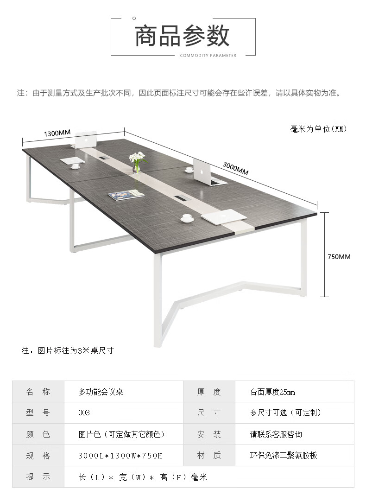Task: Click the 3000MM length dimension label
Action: tap(235, 168)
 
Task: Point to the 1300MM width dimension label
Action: tap(57, 133)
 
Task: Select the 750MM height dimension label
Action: tap(339, 256)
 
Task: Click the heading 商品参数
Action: tap(183, 36)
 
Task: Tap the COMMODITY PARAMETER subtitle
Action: tap(208, 56)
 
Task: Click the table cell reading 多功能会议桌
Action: tap(101, 392)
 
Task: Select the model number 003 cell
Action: tap(84, 413)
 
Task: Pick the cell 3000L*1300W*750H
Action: tap(120, 456)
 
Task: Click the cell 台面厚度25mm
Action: tap(272, 392)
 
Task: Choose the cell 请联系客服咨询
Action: tap(276, 434)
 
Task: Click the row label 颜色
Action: tap(38, 434)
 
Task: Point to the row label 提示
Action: tap(38, 477)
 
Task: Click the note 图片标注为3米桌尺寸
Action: tap(68, 350)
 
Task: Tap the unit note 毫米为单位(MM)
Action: tap(318, 128)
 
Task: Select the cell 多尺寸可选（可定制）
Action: tap(286, 413)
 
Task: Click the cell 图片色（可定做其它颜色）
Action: tap(122, 434)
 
